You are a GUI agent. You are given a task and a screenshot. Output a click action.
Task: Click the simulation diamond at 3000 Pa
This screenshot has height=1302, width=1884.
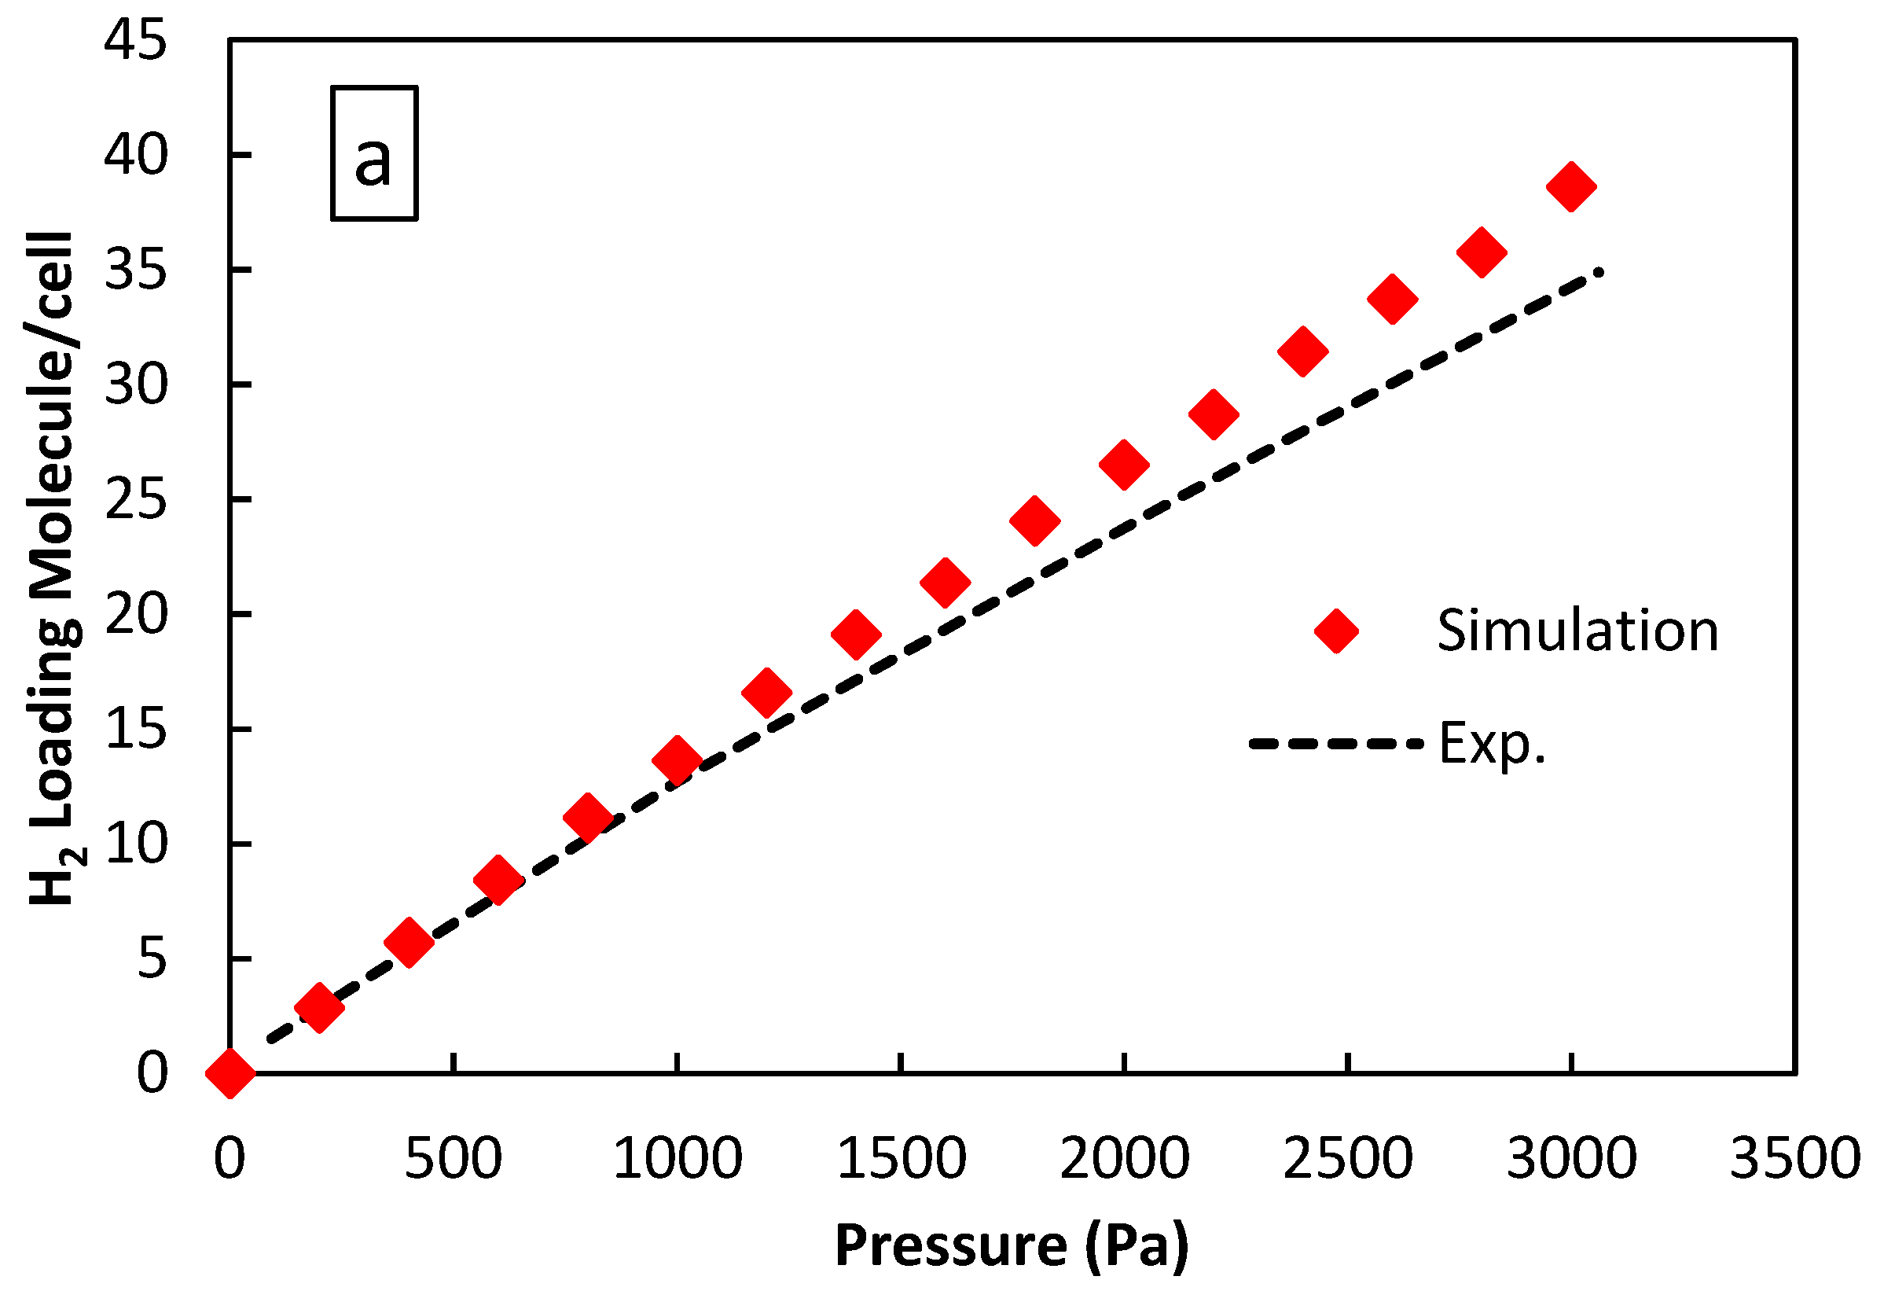[x=1571, y=186]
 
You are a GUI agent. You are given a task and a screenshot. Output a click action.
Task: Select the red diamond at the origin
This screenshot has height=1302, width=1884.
[x=230, y=1072]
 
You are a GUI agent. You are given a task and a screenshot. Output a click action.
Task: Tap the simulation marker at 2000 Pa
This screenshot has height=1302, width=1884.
[x=1124, y=464]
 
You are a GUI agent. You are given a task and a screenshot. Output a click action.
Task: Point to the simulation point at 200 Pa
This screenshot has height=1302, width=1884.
[x=320, y=1007]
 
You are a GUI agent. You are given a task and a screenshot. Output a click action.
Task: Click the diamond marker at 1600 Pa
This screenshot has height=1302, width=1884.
[x=945, y=583]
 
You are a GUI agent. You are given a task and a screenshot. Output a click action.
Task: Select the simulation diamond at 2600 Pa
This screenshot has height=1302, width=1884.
[x=1392, y=299]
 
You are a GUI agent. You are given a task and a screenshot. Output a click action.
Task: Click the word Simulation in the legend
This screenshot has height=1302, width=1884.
[x=1577, y=631]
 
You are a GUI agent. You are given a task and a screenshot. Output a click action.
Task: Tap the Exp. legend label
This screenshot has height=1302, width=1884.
[x=1492, y=743]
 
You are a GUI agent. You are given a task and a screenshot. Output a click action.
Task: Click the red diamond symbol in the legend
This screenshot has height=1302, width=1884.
[x=1337, y=631]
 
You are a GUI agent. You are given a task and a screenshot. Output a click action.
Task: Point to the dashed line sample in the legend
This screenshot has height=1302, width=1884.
[x=1335, y=743]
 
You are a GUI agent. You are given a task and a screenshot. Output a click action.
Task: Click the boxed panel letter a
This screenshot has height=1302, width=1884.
[x=373, y=153]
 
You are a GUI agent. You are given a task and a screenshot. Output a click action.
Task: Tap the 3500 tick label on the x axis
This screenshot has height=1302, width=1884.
[x=1794, y=1158]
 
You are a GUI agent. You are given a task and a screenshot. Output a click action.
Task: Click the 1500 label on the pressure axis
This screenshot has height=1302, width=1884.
[x=901, y=1158]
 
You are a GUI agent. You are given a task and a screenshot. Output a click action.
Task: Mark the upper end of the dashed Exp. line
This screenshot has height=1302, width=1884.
[x=1600, y=272]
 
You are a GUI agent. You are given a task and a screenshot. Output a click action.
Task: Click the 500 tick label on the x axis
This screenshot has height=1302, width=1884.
[x=453, y=1158]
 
